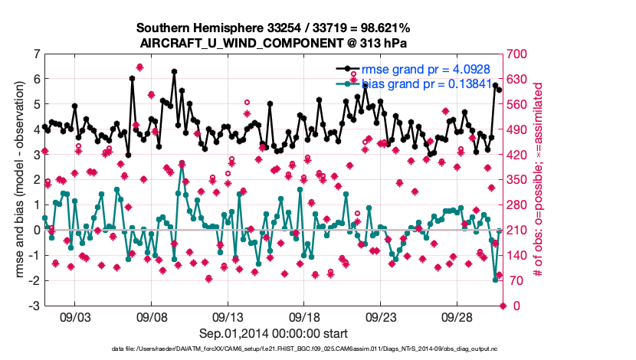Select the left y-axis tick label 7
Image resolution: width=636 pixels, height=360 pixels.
click(x=36, y=54)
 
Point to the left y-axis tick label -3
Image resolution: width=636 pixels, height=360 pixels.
click(x=34, y=306)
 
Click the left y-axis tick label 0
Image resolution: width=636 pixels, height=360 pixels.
click(x=36, y=230)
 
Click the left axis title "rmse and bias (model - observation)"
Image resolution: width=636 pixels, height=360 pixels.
click(x=18, y=180)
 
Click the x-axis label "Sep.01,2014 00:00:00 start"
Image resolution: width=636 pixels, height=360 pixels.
click(x=273, y=333)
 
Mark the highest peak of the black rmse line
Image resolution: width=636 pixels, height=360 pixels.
click(x=175, y=71)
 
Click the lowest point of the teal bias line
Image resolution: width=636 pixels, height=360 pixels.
click(x=496, y=280)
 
